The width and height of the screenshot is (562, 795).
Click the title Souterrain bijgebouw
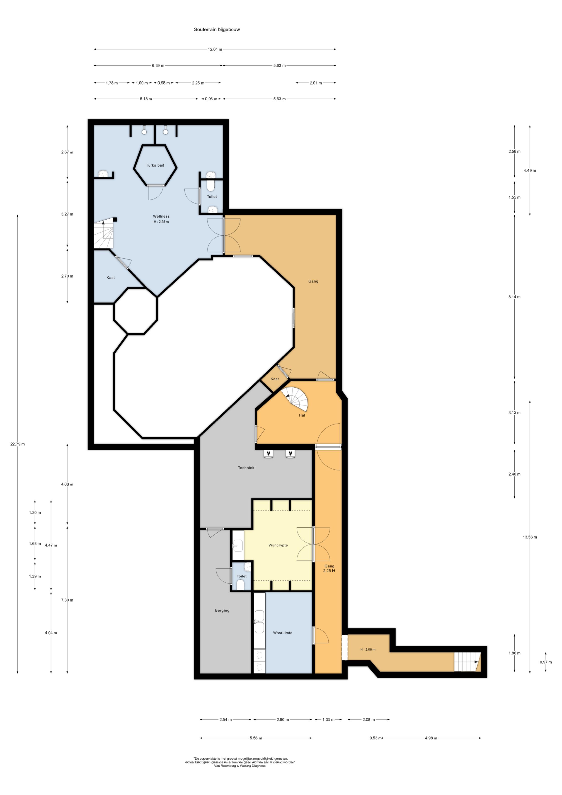tap(217, 29)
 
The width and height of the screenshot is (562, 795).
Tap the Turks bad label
tap(155, 165)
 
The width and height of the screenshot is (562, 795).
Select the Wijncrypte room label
tap(278, 545)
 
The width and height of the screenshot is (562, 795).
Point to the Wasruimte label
tap(283, 633)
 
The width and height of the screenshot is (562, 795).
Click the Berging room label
tap(222, 610)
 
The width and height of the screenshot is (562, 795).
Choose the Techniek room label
tap(246, 468)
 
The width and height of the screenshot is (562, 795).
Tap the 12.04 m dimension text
tap(215, 49)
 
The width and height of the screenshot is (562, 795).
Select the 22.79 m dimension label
tap(17, 444)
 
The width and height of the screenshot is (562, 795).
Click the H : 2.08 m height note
tap(368, 649)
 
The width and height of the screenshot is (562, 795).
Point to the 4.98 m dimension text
tap(431, 738)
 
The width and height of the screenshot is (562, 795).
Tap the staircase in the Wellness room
tap(104, 233)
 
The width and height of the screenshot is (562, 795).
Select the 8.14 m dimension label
tap(514, 297)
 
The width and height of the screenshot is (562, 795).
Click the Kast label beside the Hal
tap(275, 379)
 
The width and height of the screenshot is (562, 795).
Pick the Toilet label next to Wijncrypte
tap(242, 576)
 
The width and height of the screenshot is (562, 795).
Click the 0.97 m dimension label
tap(546, 662)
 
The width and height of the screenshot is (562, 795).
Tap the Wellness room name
tap(161, 216)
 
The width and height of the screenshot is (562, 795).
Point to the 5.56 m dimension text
tap(256, 738)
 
